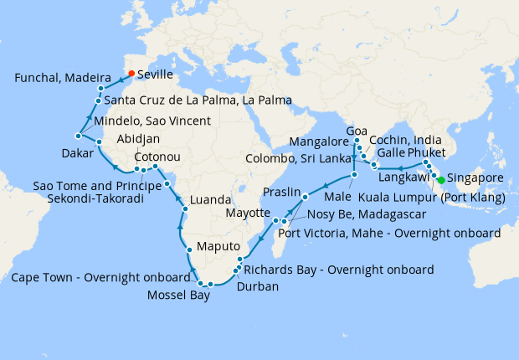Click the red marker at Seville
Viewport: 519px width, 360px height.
(131, 73)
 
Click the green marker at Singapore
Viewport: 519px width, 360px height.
(441, 179)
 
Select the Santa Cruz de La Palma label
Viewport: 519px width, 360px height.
(198, 100)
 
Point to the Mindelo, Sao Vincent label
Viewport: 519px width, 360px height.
(152, 121)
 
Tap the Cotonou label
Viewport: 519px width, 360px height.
(156, 157)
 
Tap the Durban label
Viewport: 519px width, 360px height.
(259, 286)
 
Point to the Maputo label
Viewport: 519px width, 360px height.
(218, 248)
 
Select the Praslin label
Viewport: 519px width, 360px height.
(280, 192)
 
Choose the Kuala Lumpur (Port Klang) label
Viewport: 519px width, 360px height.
(431, 198)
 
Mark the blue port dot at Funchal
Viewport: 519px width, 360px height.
(100, 88)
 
